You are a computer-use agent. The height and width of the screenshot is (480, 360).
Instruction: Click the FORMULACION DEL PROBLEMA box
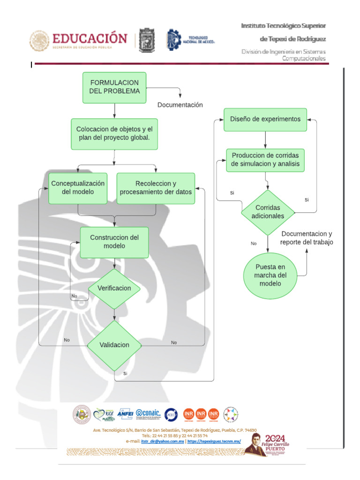point(114,88)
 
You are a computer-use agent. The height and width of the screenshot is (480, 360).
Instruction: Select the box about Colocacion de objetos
point(114,134)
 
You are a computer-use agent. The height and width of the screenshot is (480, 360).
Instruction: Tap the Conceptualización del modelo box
point(78,187)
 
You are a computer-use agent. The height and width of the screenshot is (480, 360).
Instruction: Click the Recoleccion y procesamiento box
point(156,188)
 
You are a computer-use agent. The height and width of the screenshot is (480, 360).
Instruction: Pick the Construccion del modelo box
point(114,242)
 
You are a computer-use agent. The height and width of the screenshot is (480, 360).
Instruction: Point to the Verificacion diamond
point(114,288)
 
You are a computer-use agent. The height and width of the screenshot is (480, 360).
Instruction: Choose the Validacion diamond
point(114,345)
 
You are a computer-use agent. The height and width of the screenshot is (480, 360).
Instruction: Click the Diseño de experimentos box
point(265,119)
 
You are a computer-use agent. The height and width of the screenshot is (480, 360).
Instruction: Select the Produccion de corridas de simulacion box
point(265,160)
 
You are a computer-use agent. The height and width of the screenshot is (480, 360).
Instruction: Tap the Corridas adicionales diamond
point(268,212)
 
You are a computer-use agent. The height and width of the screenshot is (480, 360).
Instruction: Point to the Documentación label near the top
point(180,105)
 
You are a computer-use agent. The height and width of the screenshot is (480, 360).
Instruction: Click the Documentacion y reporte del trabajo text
point(307,238)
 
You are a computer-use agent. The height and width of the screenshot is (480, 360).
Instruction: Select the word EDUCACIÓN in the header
point(89,38)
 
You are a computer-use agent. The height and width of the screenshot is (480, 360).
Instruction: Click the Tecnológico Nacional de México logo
point(190,40)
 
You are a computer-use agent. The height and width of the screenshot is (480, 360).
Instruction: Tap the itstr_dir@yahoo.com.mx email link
point(162,441)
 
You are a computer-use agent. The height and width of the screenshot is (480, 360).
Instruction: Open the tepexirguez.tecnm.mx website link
point(214,441)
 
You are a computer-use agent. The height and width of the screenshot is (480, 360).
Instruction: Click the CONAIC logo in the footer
point(148,414)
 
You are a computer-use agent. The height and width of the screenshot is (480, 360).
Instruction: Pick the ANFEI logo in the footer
point(125,414)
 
